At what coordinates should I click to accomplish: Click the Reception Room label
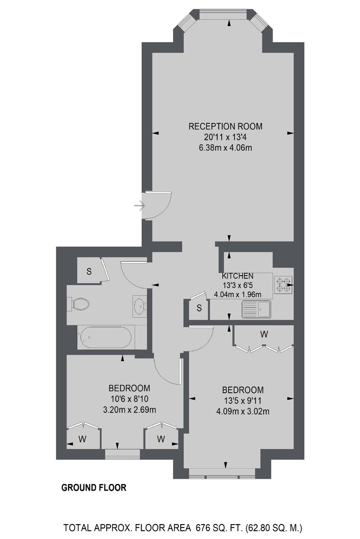pyautogui.click(x=225, y=126)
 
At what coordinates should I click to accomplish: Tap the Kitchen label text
pyautogui.click(x=237, y=276)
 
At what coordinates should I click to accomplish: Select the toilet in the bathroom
pyautogui.click(x=79, y=304)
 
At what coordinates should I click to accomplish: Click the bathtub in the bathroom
pyautogui.click(x=104, y=337)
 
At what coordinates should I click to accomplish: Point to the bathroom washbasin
pyautogui.click(x=140, y=306)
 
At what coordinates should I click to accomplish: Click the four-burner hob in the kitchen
pyautogui.click(x=283, y=285)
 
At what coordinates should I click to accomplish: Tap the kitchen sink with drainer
pyautogui.click(x=257, y=309)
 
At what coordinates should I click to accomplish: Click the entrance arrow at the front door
pyautogui.click(x=140, y=206)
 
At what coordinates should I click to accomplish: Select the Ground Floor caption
pyautogui.click(x=94, y=487)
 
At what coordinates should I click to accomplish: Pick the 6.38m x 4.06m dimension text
pyautogui.click(x=225, y=147)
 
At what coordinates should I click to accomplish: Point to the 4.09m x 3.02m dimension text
pyautogui.click(x=243, y=411)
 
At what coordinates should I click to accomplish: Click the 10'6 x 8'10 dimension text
pyautogui.click(x=129, y=399)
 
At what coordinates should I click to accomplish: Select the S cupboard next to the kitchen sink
pyautogui.click(x=199, y=308)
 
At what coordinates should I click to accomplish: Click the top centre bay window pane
pyautogui.click(x=223, y=15)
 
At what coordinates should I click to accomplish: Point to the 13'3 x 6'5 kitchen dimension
pyautogui.click(x=238, y=285)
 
